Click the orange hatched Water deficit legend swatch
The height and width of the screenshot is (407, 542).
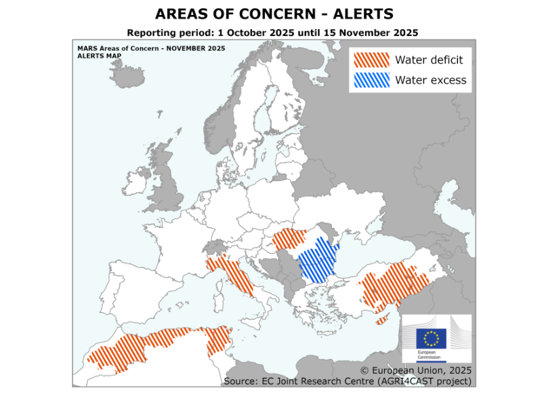click(x=371, y=60)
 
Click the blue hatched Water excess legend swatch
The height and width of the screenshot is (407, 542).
click(x=371, y=80)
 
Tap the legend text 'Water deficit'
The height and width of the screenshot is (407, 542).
click(x=429, y=60)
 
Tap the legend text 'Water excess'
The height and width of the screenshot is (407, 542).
click(x=431, y=80)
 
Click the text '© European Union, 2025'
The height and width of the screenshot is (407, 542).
click(x=415, y=371)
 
